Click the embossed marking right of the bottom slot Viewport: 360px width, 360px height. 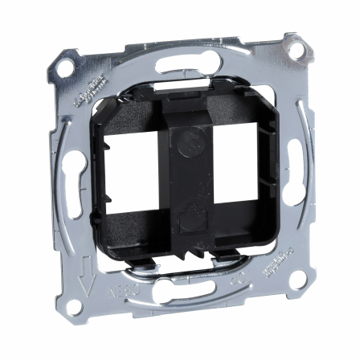pyautogui.click(x=239, y=304)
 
